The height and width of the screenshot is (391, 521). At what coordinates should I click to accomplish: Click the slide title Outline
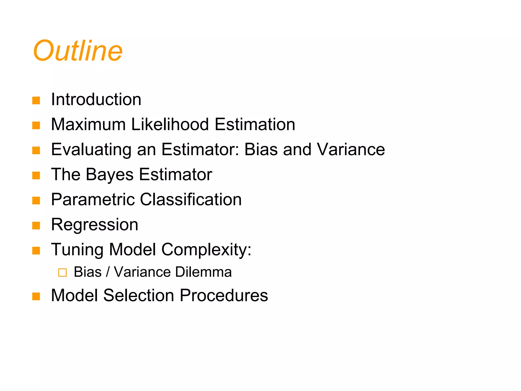click(78, 51)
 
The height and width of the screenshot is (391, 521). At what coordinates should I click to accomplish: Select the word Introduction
click(96, 99)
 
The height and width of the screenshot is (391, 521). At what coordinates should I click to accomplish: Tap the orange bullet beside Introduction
click(36, 101)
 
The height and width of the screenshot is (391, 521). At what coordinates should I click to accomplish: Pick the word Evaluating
click(91, 150)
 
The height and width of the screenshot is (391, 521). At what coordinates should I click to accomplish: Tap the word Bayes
click(110, 175)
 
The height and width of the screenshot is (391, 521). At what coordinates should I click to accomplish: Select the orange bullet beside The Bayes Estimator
click(36, 176)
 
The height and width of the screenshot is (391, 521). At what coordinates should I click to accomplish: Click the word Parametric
click(93, 199)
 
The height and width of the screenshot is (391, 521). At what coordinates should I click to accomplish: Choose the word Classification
click(191, 199)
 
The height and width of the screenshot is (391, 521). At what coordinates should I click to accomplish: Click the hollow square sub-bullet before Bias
click(62, 273)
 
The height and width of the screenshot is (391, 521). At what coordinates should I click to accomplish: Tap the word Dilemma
click(203, 272)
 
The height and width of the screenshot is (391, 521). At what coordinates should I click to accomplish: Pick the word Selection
click(139, 295)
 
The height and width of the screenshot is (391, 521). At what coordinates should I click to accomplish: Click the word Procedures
click(224, 295)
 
